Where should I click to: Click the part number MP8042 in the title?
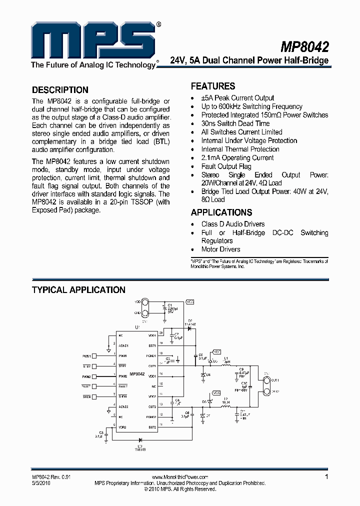tap(304, 47)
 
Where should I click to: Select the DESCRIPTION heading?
tap(60, 90)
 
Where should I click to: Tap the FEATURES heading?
tap(213, 86)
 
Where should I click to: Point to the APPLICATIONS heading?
tap(221, 212)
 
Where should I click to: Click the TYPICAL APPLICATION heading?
tap(78, 290)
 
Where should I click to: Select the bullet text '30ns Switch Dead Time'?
tap(235, 123)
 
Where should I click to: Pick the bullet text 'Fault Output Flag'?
tap(226, 166)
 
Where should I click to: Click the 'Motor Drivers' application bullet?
tap(220, 249)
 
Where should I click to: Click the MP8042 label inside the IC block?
tap(137, 374)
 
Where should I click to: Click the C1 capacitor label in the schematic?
tap(170, 304)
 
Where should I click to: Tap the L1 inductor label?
tap(226, 358)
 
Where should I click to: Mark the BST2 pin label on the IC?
tap(152, 427)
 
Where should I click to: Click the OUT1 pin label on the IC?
tap(152, 366)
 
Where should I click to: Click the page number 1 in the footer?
tap(326, 477)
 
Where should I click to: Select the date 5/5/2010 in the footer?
tap(41, 483)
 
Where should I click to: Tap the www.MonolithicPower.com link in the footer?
tap(179, 477)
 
